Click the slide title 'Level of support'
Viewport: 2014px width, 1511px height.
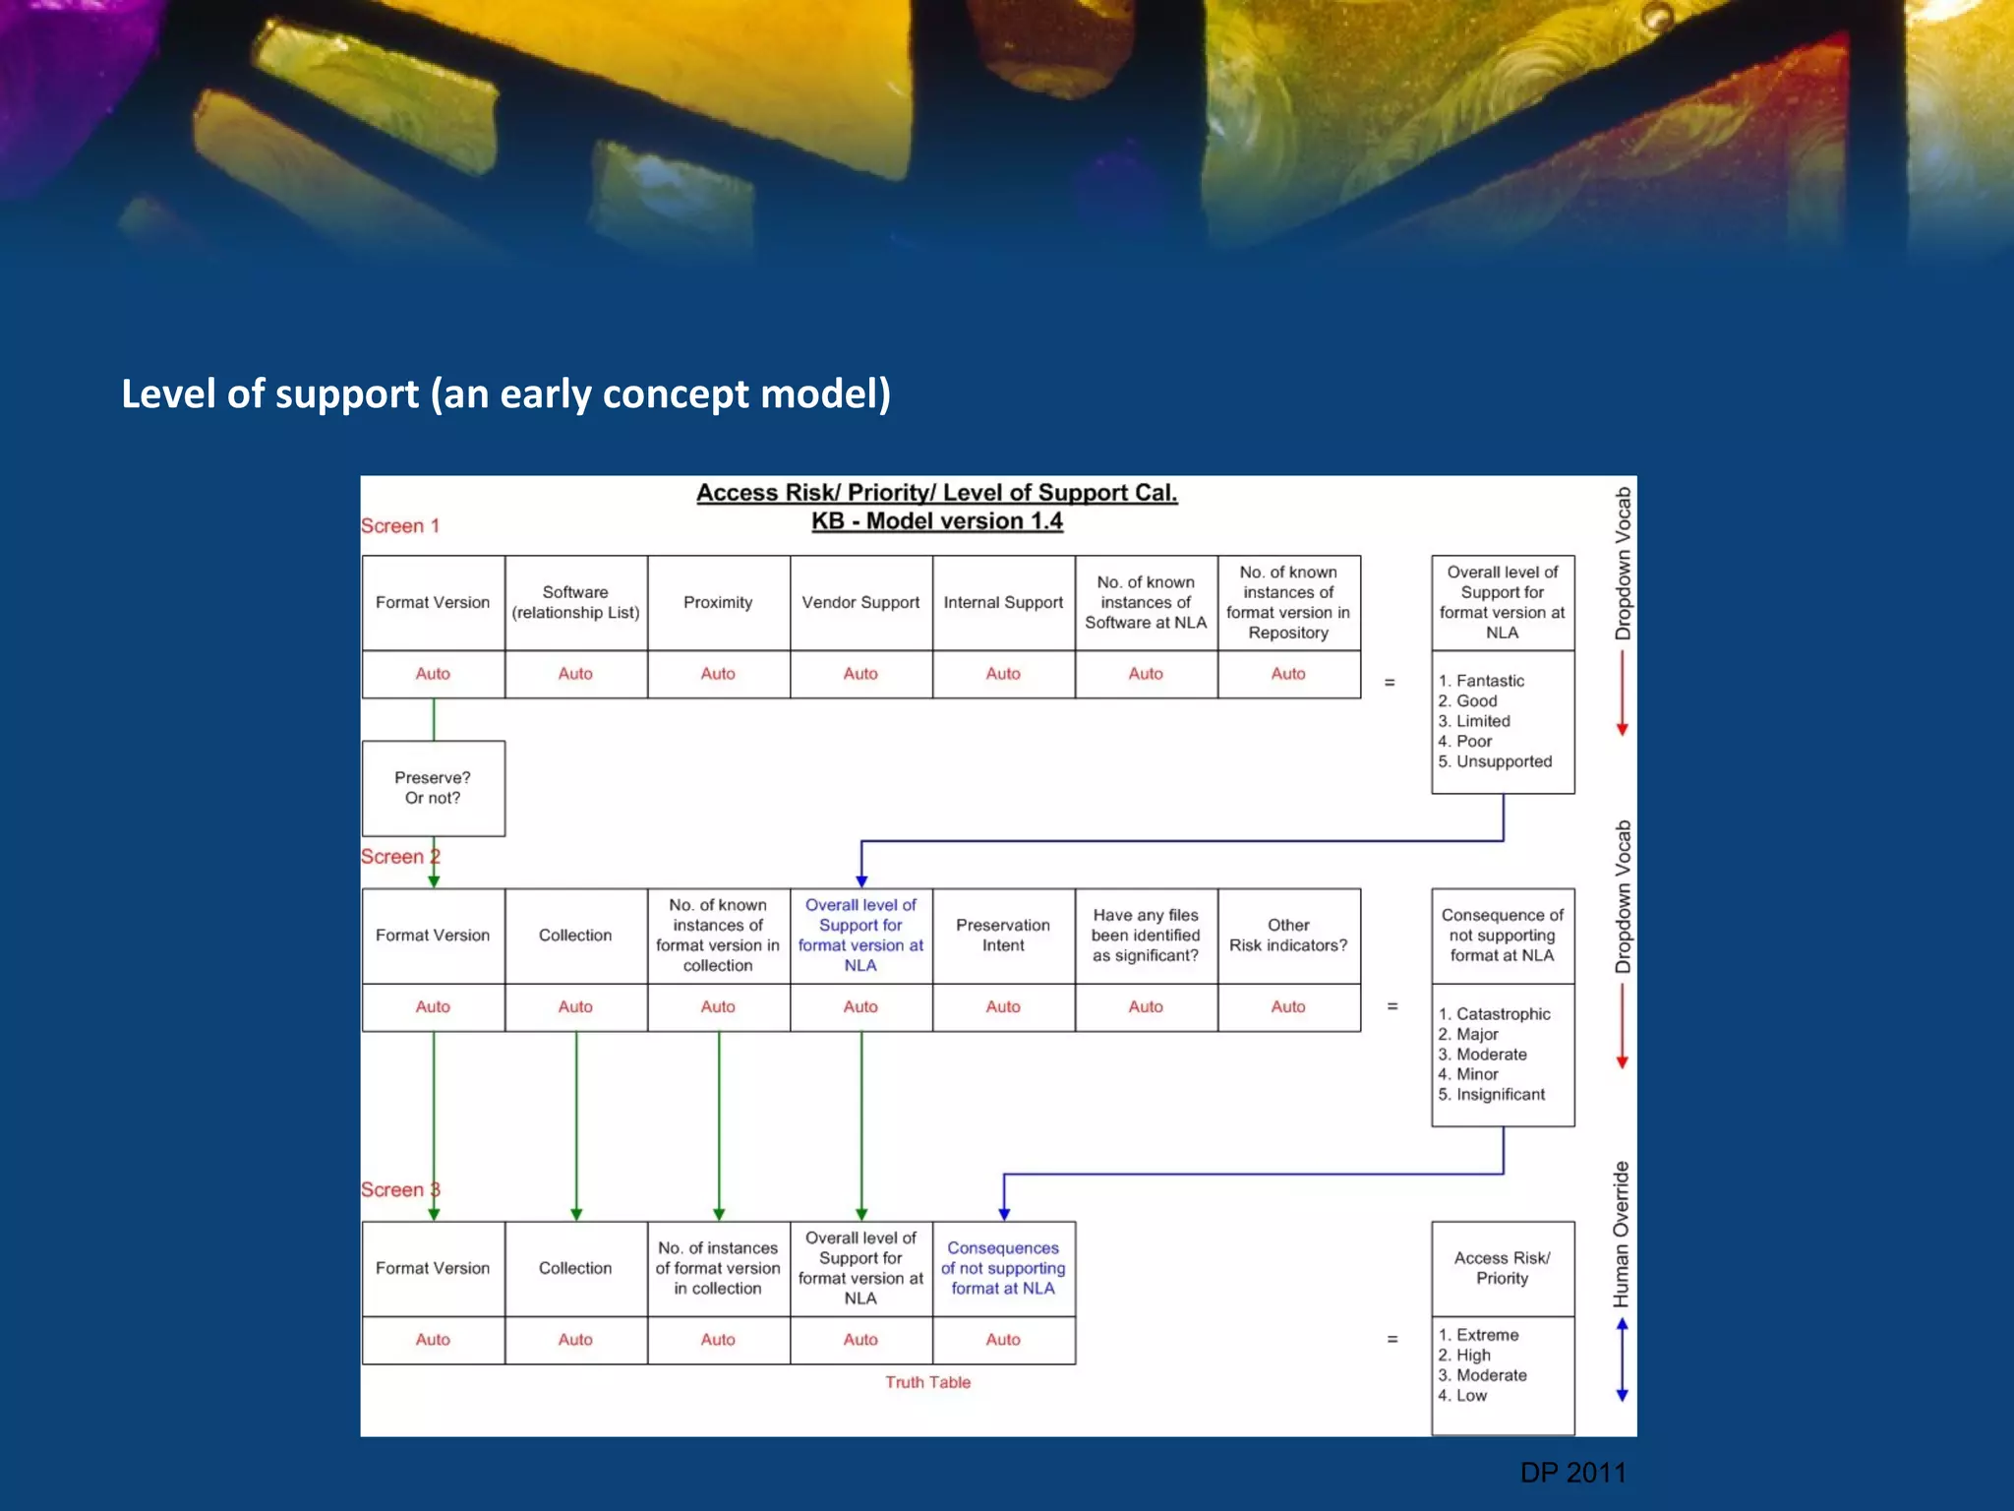click(x=505, y=393)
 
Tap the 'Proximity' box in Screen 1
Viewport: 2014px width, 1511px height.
click(x=718, y=602)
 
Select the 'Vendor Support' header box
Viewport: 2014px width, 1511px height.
click(x=860, y=602)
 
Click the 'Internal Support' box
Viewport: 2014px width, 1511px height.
click(x=1003, y=602)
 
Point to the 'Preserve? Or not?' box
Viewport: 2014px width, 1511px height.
click(x=433, y=788)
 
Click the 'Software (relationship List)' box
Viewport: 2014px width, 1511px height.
click(x=575, y=602)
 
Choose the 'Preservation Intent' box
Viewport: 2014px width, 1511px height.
click(x=1003, y=936)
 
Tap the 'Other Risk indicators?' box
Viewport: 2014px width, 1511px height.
click(x=1288, y=936)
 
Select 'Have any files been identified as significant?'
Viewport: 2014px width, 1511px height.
click(x=1146, y=936)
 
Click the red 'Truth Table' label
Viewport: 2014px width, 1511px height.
click(x=927, y=1382)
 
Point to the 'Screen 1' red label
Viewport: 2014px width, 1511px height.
click(x=400, y=526)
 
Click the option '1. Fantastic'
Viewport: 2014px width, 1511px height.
click(x=1481, y=681)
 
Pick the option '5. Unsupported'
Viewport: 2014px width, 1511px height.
click(x=1495, y=761)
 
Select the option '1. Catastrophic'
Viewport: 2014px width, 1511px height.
click(x=1494, y=1014)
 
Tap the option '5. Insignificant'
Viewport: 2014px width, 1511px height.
click(x=1492, y=1095)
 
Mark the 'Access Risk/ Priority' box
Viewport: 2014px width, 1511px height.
click(x=1502, y=1268)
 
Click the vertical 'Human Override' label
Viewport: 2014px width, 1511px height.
click(x=1622, y=1234)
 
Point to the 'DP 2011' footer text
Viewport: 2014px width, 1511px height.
click(x=1572, y=1473)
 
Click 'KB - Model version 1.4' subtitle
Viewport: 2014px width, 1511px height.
click(x=936, y=521)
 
